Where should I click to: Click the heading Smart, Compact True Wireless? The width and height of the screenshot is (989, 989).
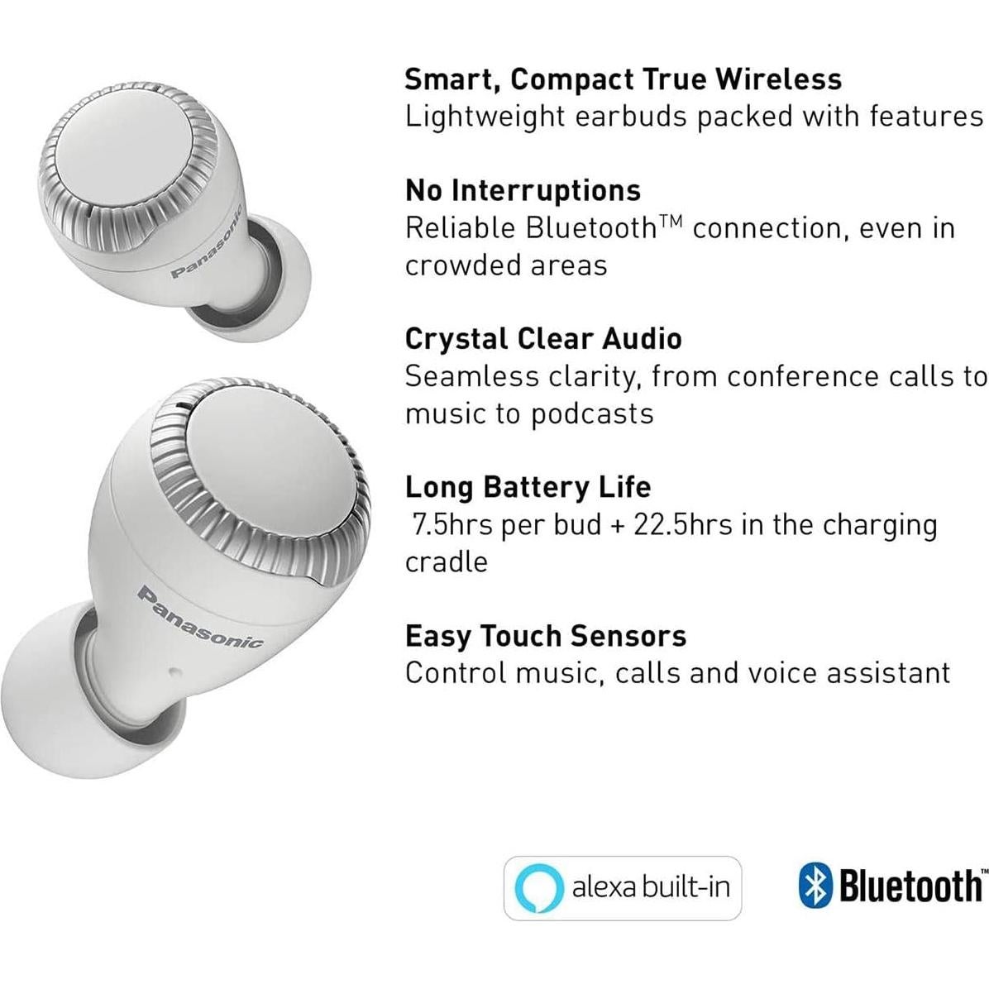coord(623,79)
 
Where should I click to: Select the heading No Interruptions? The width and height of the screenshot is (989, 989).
coord(523,190)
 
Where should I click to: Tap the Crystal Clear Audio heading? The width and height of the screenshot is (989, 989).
coord(543,338)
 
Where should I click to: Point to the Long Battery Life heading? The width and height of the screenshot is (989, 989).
coord(528,487)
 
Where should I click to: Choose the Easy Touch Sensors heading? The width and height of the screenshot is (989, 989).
coord(546,636)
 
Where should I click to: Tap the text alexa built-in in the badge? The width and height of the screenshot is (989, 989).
coord(651,888)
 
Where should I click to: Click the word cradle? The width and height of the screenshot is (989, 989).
coord(447,562)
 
